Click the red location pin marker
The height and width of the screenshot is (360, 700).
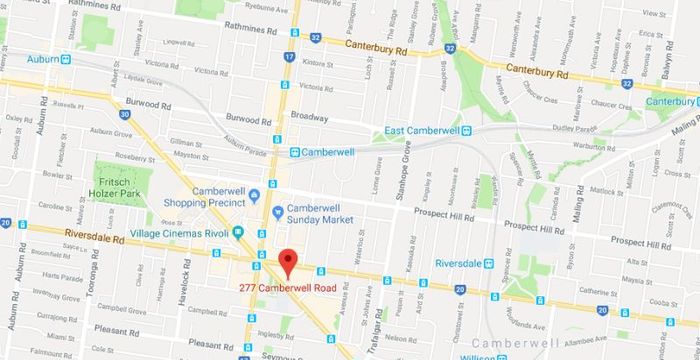click(288, 262)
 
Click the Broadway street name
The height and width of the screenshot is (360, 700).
click(309, 116)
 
